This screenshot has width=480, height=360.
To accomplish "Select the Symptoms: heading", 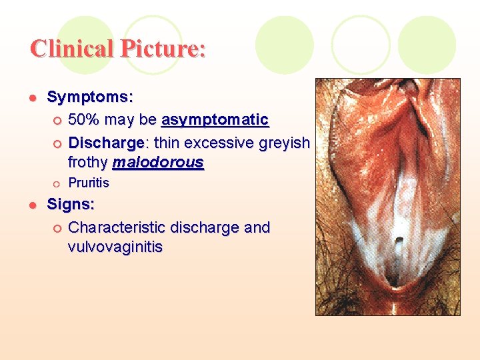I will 90,97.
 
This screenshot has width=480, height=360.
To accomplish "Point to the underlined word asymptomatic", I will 215,120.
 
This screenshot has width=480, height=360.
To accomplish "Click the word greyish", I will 283,143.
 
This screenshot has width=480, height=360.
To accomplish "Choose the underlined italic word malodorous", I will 158,162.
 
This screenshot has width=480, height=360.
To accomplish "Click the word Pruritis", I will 89,183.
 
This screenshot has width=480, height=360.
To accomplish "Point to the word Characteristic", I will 117,227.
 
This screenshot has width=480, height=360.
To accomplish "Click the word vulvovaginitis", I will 115,247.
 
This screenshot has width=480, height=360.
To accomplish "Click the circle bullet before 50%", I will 57,121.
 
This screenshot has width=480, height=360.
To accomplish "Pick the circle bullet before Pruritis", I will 57,183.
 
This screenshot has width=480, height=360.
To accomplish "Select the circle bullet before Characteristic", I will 57,228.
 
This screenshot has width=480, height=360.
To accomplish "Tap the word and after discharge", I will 257,227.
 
